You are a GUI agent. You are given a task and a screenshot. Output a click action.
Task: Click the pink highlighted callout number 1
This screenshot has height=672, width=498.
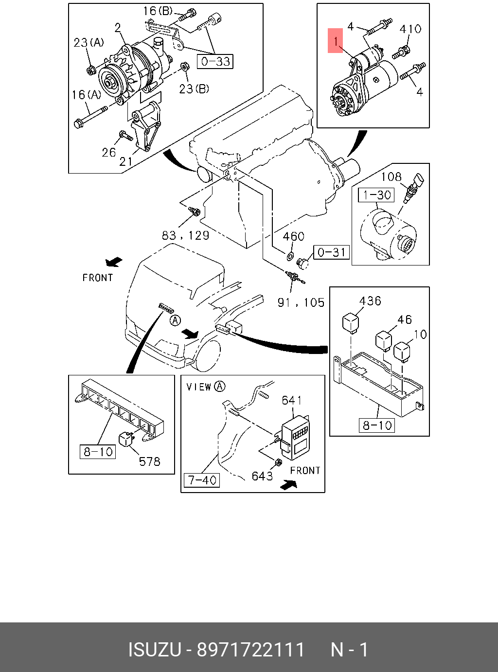[336, 41]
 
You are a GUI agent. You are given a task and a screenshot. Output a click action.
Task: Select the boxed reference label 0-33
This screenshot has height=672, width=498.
[215, 61]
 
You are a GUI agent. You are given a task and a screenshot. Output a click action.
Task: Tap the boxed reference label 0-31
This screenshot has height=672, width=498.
[331, 252]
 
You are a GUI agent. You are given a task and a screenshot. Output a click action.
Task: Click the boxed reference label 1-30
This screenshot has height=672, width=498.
[377, 195]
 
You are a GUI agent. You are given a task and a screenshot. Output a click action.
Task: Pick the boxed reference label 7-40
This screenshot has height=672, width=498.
[202, 480]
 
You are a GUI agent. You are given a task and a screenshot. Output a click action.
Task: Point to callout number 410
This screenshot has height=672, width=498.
[410, 29]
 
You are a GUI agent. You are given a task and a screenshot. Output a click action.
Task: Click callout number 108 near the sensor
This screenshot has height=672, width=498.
[391, 177]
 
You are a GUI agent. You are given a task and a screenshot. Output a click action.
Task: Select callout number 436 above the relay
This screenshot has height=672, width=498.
[370, 301]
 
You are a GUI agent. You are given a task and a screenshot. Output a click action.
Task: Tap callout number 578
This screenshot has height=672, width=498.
[149, 461]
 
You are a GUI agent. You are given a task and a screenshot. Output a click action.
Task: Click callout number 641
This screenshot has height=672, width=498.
[292, 400]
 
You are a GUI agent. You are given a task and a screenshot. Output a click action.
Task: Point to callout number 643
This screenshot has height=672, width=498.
[262, 476]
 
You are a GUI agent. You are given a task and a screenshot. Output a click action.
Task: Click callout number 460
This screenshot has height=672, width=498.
[293, 237]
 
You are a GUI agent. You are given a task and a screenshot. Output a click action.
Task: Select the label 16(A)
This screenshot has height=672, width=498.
[87, 95]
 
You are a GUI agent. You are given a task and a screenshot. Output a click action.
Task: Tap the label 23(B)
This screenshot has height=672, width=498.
[194, 88]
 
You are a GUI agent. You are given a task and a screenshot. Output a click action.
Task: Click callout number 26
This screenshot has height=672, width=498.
[109, 152]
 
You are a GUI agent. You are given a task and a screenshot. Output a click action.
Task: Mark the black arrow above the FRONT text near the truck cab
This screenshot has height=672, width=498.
[114, 263]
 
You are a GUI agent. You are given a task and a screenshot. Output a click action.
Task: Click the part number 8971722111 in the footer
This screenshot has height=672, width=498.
[250, 650]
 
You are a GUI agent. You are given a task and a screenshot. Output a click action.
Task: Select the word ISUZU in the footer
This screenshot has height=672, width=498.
[154, 650]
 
